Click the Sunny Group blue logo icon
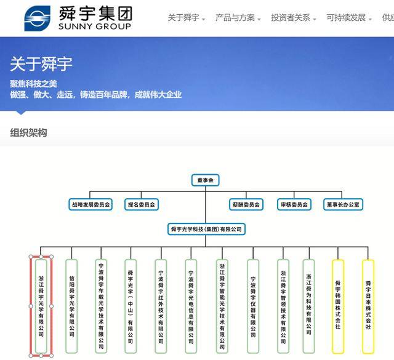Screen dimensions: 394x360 (37, 18)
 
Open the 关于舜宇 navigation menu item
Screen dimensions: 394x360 (183, 18)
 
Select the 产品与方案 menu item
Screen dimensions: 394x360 (235, 18)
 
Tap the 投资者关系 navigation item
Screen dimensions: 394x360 (291, 18)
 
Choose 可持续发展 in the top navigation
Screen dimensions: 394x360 (346, 18)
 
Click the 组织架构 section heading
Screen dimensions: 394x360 (28, 132)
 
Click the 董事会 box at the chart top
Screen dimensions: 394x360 (205, 180)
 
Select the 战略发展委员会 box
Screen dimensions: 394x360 (90, 204)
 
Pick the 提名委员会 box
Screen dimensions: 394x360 (142, 204)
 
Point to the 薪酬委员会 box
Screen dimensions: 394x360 (246, 204)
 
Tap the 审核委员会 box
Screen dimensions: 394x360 (294, 204)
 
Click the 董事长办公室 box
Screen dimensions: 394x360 (343, 204)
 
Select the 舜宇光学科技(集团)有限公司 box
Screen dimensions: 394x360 (206, 229)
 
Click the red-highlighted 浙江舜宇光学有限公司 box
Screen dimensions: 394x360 (41, 306)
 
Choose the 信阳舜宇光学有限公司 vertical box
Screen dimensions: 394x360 (71, 306)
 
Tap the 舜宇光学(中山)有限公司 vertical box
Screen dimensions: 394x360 (131, 306)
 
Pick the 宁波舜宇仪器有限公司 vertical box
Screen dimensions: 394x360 (253, 306)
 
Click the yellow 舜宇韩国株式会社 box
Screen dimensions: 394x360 (338, 306)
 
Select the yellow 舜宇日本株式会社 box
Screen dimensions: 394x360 (368, 306)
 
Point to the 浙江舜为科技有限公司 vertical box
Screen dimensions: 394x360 (309, 306)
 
